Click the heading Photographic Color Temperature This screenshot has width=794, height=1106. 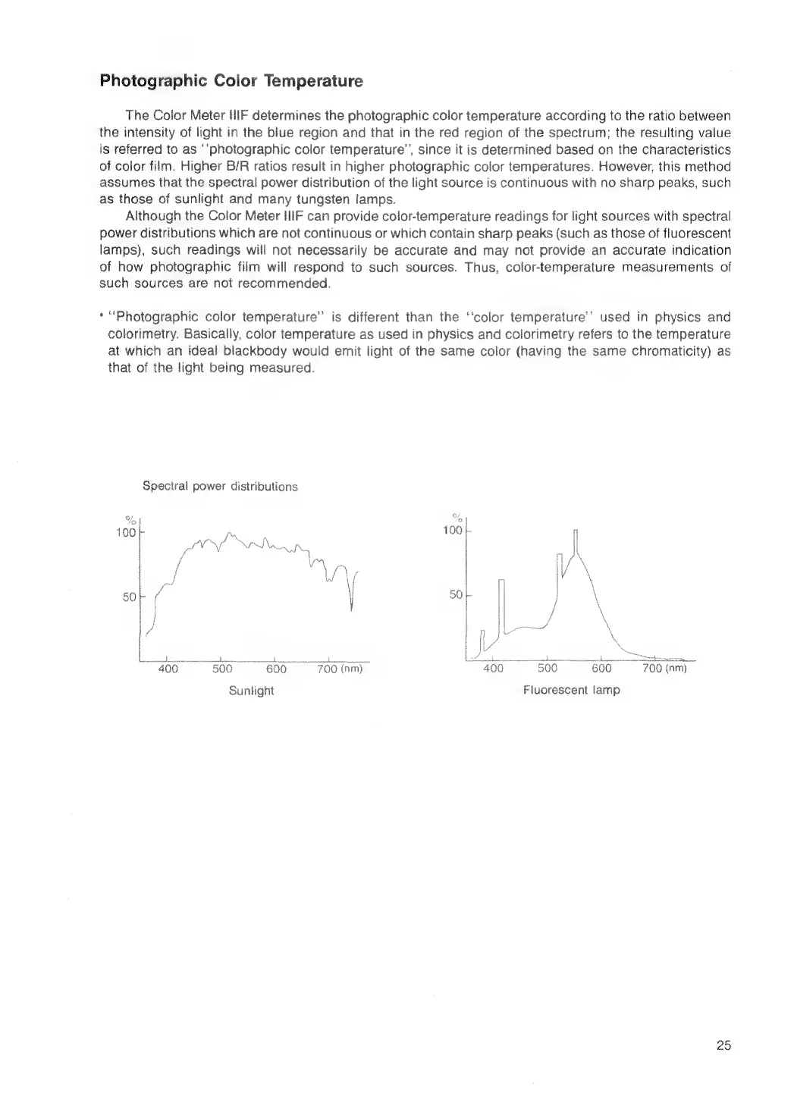231,81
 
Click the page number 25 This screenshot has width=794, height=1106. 723,1045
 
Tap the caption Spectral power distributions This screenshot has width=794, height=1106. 220,487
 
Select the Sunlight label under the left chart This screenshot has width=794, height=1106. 251,691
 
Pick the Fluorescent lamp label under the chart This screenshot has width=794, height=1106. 571,691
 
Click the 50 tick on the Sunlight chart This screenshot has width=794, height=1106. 129,597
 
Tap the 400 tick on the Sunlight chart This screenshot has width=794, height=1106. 168,669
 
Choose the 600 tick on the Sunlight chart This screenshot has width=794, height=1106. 276,669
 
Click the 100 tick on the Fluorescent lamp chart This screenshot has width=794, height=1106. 452,531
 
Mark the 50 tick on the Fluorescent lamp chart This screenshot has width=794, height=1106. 455,595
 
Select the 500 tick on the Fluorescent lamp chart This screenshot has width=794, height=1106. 547,669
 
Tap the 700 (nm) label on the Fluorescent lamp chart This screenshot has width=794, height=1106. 664,669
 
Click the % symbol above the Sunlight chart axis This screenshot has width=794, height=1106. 130,520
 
